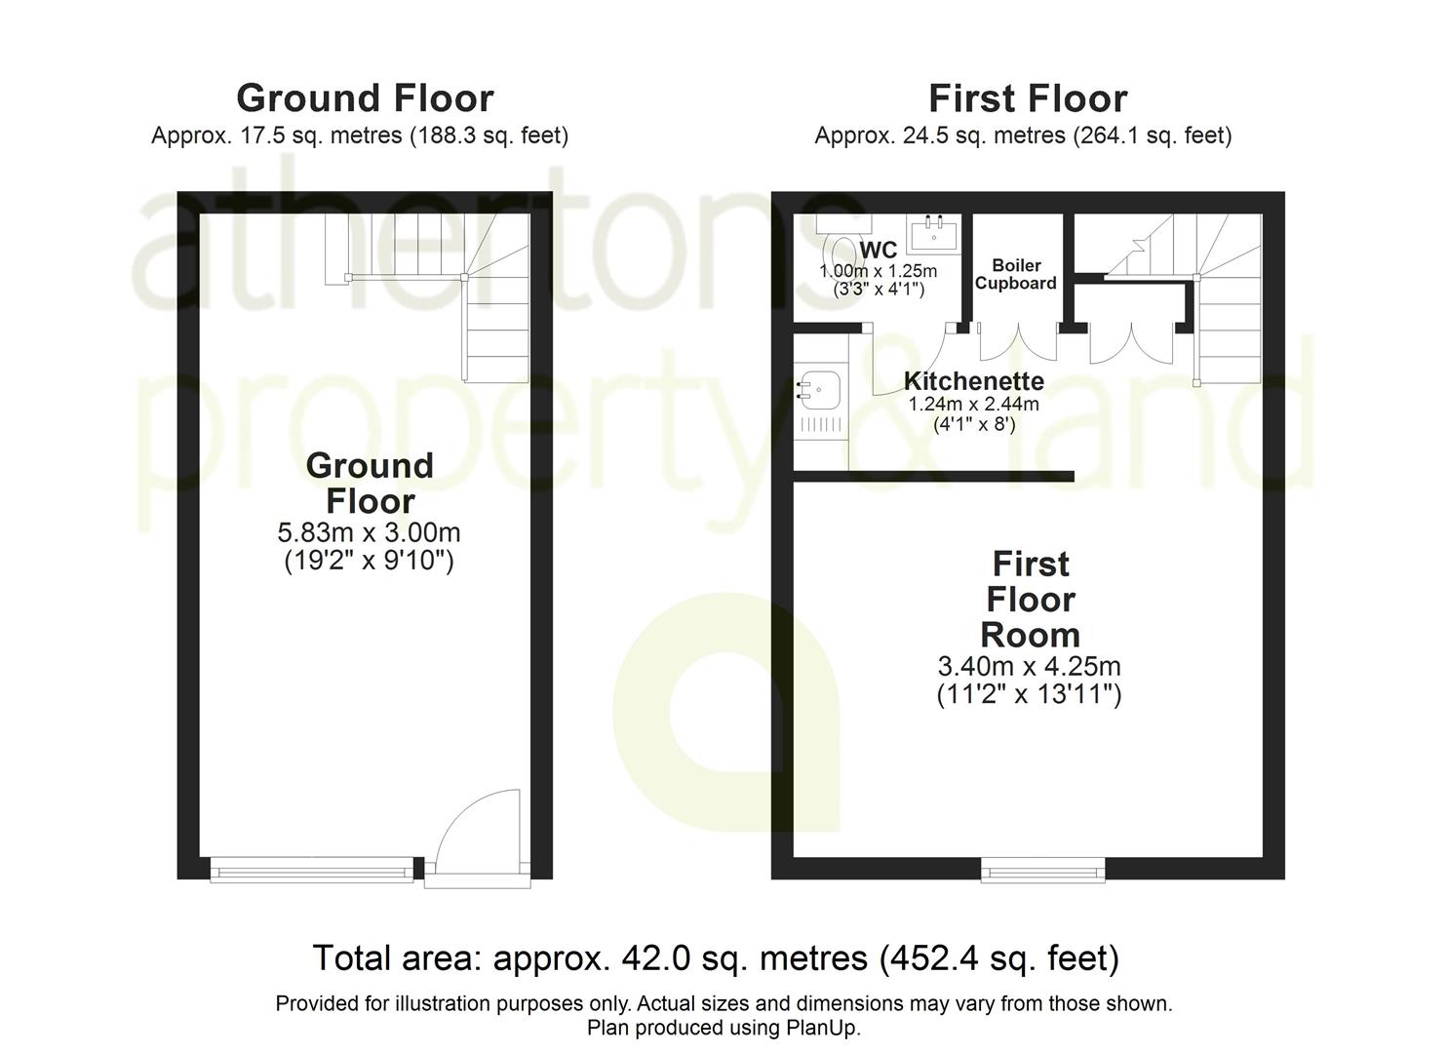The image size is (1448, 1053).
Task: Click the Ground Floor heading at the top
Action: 365,98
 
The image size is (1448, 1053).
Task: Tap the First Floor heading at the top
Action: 1028,98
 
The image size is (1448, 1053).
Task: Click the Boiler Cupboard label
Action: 1016,274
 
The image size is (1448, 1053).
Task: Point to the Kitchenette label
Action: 973,381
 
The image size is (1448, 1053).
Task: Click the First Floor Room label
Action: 1030,599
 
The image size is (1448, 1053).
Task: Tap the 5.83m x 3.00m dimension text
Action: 369,532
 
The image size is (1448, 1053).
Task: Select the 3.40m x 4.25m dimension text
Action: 1029,666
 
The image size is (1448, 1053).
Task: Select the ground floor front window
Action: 312,869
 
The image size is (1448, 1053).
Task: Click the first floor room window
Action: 1042,869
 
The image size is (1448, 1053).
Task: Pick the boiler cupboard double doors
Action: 1017,341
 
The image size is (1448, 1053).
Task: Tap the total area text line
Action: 716,958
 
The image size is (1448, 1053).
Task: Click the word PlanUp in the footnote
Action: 821,1028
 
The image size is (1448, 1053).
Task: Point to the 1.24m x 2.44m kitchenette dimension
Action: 973,404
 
